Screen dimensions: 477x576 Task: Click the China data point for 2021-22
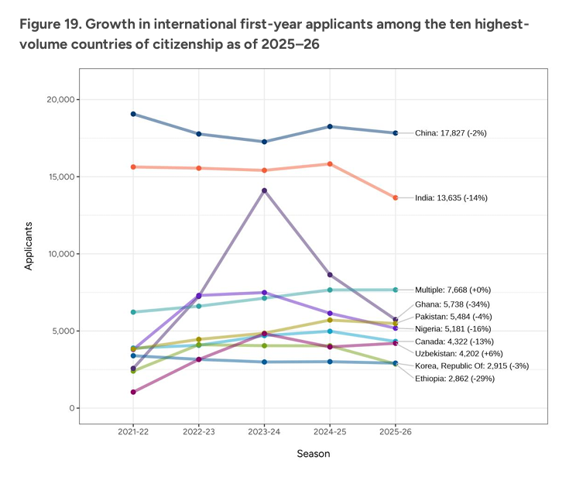coord(134,114)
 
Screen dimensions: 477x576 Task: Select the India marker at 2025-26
coord(396,197)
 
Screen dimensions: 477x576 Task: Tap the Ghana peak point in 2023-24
coord(265,190)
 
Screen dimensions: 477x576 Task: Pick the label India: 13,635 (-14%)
coord(451,197)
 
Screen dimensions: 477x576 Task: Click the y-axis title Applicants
coord(29,245)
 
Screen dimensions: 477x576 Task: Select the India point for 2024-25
coord(330,164)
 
